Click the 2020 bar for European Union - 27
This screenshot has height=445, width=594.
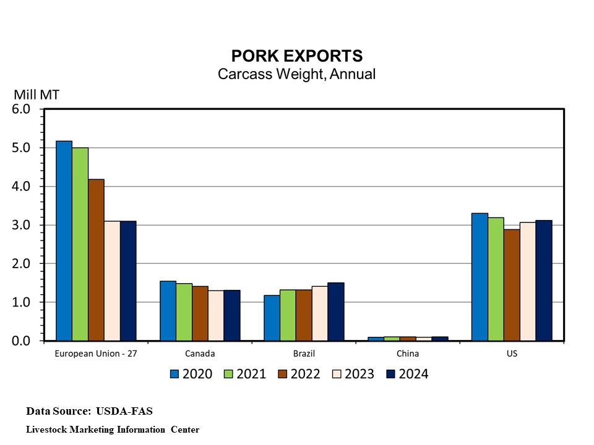pyautogui.click(x=64, y=241)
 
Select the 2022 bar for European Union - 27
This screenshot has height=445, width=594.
pyautogui.click(x=96, y=260)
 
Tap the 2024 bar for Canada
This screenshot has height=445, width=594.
pyautogui.click(x=232, y=315)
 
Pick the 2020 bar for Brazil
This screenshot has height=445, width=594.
pyautogui.click(x=272, y=318)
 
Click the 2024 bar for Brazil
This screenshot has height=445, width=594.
pyautogui.click(x=335, y=311)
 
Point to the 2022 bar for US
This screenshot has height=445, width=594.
pyautogui.click(x=512, y=285)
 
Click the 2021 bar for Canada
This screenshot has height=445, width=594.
pyautogui.click(x=184, y=312)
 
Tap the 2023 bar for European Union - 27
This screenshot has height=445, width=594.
pyautogui.click(x=112, y=281)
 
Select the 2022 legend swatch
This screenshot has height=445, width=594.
pyautogui.click(x=283, y=374)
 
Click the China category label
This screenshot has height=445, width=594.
pyautogui.click(x=408, y=354)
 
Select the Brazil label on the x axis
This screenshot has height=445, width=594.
pyautogui.click(x=304, y=354)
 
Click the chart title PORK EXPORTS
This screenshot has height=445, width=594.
pyautogui.click(x=296, y=56)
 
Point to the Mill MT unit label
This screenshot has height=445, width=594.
pyautogui.click(x=37, y=95)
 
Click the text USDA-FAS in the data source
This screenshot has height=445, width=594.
pyautogui.click(x=124, y=411)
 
